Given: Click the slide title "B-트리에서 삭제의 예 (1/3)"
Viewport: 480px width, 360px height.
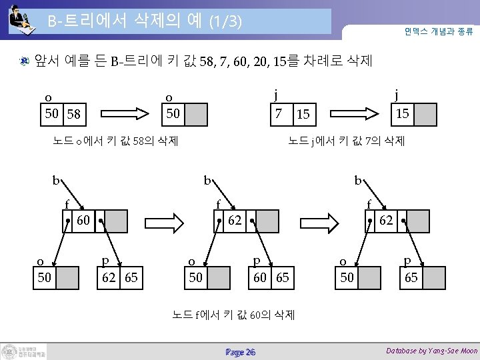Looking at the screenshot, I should [143, 21].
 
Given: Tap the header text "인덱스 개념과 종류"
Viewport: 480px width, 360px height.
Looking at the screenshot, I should [437, 31].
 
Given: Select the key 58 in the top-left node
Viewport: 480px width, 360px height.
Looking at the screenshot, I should [73, 114].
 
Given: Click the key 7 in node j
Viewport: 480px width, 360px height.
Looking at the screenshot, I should [279, 113].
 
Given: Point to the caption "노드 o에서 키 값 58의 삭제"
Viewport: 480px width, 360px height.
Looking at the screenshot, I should [115, 141].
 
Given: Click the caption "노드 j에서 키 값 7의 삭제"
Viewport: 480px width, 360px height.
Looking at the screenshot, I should [346, 141].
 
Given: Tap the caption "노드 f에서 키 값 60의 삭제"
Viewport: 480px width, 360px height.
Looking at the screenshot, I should [233, 314].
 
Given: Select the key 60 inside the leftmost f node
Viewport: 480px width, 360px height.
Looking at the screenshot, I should [84, 220].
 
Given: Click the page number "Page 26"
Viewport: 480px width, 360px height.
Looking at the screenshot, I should [240, 351].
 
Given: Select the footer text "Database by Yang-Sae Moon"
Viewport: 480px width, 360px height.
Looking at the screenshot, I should [431, 351].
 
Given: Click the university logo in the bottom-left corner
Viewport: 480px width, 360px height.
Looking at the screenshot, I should [24, 351].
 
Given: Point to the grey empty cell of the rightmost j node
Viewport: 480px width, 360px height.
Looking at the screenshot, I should [425, 114].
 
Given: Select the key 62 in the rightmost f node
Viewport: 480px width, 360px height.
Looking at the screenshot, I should [386, 220].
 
